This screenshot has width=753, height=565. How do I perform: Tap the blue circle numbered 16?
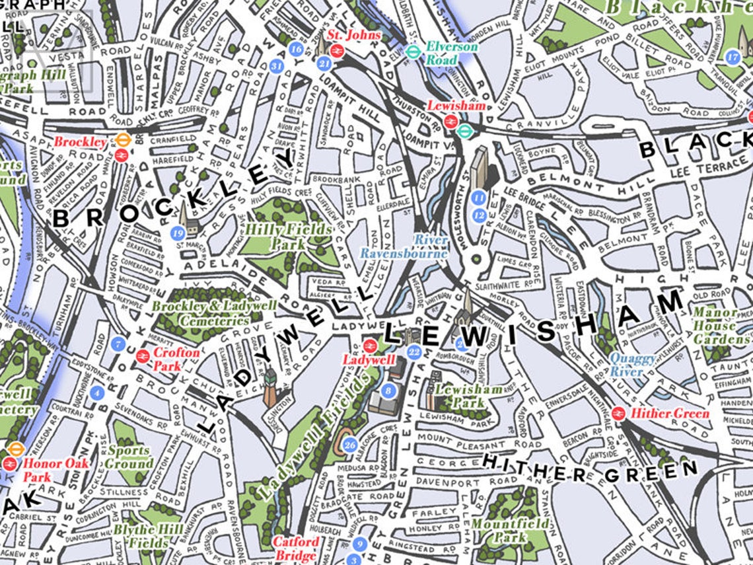click(297, 49)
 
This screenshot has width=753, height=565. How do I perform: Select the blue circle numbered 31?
click(277, 66)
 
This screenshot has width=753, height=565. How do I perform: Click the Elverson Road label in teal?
click(451, 52)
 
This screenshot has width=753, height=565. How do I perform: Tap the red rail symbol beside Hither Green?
click(619, 414)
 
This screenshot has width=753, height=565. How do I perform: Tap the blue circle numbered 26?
click(350, 445)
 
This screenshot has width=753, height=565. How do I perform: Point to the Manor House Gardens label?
click(720, 326)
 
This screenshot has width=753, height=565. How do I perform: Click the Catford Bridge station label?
click(296, 548)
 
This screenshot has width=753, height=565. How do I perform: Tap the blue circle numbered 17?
click(732, 56)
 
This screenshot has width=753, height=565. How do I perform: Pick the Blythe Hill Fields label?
click(145, 536)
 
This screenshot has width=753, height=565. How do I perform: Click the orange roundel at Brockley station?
click(122, 139)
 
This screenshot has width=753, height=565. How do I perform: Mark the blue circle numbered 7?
click(118, 344)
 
